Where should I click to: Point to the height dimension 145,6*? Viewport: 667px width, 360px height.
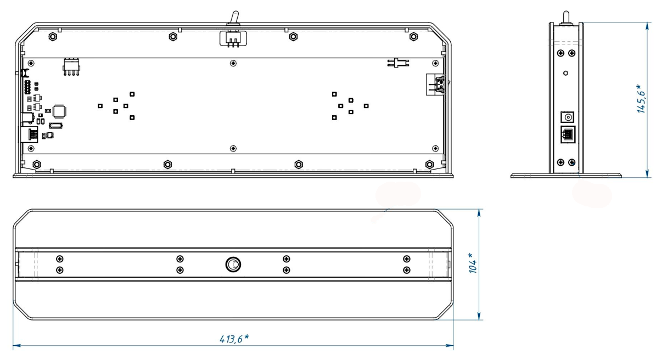pyautogui.click(x=641, y=99)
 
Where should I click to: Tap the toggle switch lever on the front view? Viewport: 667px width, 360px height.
pyautogui.click(x=233, y=19)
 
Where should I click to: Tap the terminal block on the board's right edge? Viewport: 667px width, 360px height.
pyautogui.click(x=438, y=85)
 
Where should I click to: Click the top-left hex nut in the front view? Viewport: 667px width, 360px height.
pyautogui.click(x=52, y=37)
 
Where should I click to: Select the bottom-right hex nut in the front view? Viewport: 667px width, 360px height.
pyautogui.click(x=429, y=165)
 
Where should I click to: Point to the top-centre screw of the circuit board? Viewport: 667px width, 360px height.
pyautogui.click(x=234, y=63)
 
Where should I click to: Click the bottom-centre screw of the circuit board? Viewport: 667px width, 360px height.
pyautogui.click(x=234, y=148)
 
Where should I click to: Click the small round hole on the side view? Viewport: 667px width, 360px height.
pyautogui.click(x=565, y=72)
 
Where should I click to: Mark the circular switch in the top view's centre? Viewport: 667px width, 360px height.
pyautogui.click(x=233, y=265)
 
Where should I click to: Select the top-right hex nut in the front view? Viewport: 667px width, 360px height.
pyautogui.click(x=413, y=37)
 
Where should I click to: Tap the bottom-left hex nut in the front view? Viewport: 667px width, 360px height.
pyautogui.click(x=37, y=165)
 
